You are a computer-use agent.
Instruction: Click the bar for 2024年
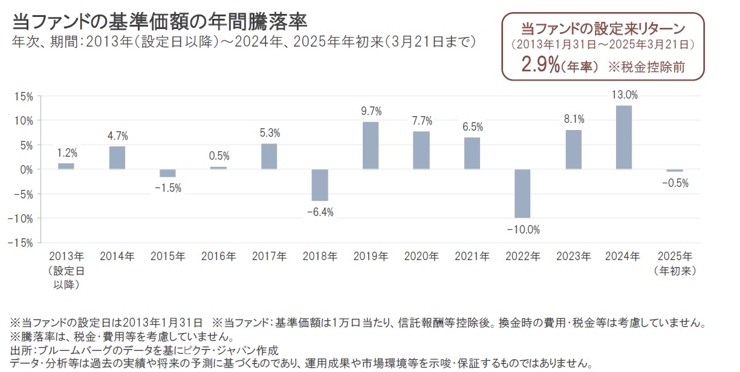coord(623,137)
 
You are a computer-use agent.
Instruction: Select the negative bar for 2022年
coord(522,194)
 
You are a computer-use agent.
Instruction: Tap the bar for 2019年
coord(371,145)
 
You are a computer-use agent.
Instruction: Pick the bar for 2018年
coord(320,185)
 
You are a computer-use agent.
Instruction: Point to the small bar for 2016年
coord(218,168)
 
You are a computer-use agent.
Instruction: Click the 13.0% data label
coord(624,95)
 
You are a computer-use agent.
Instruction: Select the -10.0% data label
coord(523,229)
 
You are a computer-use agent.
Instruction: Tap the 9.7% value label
coord(370,111)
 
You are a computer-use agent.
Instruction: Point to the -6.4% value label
coord(319,212)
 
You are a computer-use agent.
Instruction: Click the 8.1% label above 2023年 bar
coord(573,119)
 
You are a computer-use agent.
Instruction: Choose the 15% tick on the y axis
coord(24,96)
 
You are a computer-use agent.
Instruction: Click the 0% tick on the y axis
coord(26,169)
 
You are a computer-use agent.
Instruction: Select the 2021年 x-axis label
coord(472,256)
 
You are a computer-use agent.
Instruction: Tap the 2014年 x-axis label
coord(117,256)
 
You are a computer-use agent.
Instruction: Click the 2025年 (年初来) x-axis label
coord(675,264)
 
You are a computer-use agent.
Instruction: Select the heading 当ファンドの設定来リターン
coord(603,28)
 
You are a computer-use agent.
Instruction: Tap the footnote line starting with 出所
coord(144,350)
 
